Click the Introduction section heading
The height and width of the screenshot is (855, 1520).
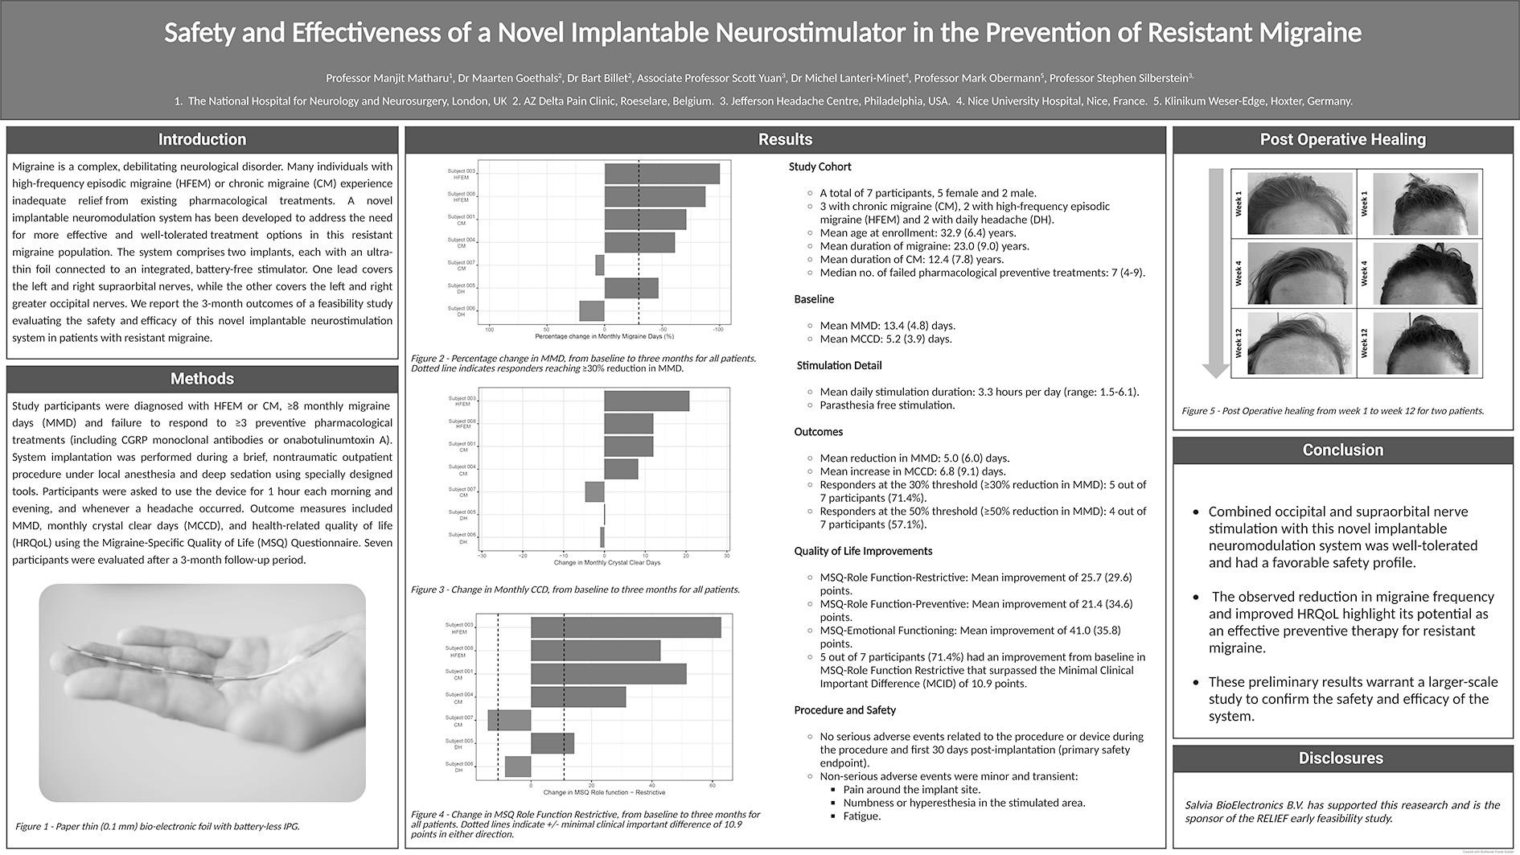tap(202, 140)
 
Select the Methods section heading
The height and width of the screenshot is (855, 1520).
tap(202, 379)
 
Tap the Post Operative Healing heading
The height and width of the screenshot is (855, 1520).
tap(1342, 140)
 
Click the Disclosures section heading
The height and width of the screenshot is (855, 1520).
tap(1341, 758)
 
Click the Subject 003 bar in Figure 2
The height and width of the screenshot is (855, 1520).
tap(662, 174)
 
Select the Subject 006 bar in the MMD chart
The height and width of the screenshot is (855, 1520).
tap(592, 310)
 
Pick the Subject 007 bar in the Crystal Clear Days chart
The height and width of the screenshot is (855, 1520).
tap(594, 491)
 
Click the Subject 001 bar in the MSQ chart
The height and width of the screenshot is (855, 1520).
tap(608, 674)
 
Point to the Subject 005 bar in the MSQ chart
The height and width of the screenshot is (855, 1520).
tap(553, 743)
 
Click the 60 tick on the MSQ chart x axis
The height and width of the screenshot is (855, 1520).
tap(712, 785)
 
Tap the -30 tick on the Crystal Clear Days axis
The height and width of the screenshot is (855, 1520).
tap(482, 556)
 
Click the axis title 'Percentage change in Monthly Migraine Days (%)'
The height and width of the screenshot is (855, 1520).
tap(604, 336)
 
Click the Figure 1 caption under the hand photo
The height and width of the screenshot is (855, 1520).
tap(158, 826)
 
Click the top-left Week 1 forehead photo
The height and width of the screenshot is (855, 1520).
tap(1299, 203)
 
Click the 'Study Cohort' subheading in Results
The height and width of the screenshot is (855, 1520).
tap(820, 167)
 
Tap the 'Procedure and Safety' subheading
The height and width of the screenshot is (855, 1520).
tap(844, 710)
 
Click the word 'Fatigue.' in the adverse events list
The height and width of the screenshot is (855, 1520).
tap(862, 816)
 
